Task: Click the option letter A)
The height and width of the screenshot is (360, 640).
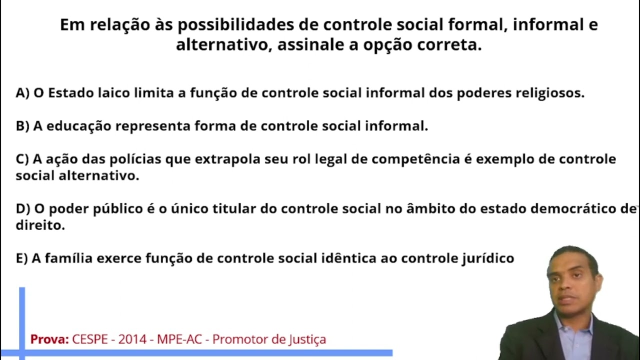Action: pyautogui.click(x=22, y=93)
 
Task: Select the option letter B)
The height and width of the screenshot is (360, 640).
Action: pyautogui.click(x=22, y=126)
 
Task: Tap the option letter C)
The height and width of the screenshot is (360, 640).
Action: pyautogui.click(x=22, y=159)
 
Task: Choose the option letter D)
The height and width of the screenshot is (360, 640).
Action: pyautogui.click(x=23, y=209)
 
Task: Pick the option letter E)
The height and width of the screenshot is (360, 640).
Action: pyautogui.click(x=21, y=258)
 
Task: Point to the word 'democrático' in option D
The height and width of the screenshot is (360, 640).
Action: pyautogui.click(x=574, y=209)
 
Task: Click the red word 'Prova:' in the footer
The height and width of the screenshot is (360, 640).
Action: pyautogui.click(x=49, y=339)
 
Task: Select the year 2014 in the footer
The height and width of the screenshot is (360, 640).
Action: pyautogui.click(x=133, y=339)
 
